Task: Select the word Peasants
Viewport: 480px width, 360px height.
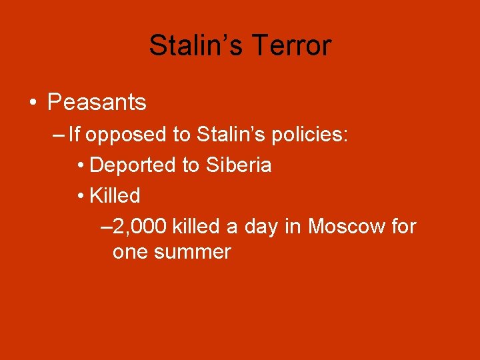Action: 97,103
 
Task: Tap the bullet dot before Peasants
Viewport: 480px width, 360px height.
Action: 33,103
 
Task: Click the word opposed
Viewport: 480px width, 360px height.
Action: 127,135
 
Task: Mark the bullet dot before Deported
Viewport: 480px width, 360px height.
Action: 80,165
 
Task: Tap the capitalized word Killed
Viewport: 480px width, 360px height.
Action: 114,195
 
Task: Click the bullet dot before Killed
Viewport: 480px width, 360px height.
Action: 80,196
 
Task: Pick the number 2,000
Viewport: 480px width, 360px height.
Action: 140,227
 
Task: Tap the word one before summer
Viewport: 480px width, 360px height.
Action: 129,253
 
